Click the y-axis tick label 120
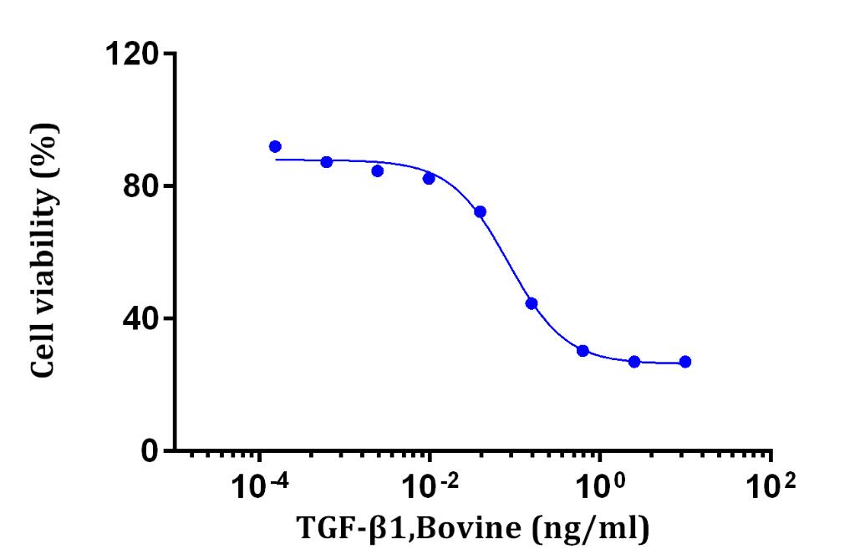132,54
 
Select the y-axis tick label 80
140,186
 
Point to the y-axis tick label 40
140,319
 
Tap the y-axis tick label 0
150,452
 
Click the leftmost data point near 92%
275,146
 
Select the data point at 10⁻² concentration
429,178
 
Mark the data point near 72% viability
480,211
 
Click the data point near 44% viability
532,303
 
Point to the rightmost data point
685,362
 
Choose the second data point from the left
327,161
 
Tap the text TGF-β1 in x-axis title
343,530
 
